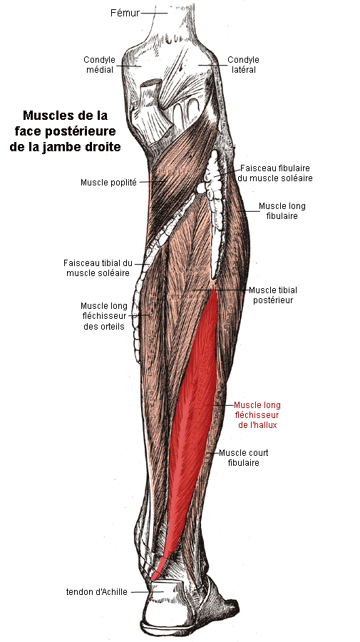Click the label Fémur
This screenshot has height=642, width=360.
pos(125,13)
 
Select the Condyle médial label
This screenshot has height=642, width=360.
pos(99,65)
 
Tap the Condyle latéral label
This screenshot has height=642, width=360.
pos(243,65)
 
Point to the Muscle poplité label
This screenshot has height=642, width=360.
pos(108,183)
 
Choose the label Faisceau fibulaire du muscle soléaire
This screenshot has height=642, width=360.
pos(275,173)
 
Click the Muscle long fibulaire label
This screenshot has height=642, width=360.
pos(282,211)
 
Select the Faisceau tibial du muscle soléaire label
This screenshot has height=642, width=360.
pos(98,267)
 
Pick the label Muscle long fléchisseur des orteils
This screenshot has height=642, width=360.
pos(104,316)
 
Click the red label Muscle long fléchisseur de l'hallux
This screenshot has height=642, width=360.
pos(257,415)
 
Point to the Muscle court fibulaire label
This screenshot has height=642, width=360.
pos(243,458)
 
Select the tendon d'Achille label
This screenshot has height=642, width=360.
pos(96,591)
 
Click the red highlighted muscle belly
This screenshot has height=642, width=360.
pos(196,409)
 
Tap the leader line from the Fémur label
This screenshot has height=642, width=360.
pos(155,13)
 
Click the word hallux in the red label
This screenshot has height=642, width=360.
pos(266,425)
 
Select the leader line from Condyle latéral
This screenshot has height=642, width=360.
pos(212,65)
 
